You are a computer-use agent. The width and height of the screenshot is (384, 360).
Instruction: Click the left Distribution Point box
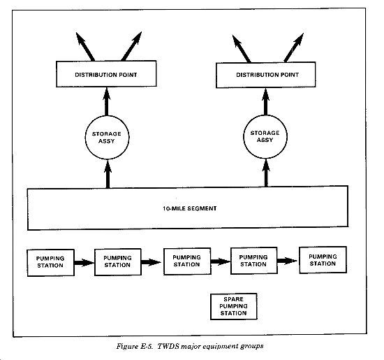(x=106, y=74)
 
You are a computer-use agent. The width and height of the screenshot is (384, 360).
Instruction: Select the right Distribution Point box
(x=266, y=75)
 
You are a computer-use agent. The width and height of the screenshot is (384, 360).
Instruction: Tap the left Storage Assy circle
(x=107, y=138)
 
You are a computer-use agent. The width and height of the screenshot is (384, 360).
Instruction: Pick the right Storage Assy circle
(x=265, y=136)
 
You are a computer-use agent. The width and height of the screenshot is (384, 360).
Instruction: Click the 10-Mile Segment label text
(x=190, y=208)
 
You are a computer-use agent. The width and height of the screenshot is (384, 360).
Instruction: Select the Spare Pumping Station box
(x=234, y=306)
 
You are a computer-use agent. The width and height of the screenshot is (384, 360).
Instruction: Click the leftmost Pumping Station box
(x=51, y=263)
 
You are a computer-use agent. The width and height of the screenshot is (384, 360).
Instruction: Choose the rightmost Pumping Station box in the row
(x=323, y=260)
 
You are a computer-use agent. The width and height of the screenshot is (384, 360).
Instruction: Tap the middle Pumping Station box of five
(x=187, y=261)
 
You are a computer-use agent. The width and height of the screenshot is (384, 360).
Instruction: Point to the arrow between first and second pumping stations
(x=84, y=263)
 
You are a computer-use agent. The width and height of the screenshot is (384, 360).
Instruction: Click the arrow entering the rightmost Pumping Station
(x=288, y=261)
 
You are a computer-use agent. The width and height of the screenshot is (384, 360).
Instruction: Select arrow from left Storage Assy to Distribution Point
(x=107, y=101)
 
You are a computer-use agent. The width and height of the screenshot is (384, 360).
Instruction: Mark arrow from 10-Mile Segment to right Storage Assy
(x=266, y=173)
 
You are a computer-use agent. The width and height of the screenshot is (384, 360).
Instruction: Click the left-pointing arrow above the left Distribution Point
(x=85, y=46)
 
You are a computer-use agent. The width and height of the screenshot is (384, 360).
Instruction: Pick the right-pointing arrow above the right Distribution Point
(x=294, y=48)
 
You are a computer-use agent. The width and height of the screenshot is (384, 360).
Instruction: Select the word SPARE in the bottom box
(x=234, y=299)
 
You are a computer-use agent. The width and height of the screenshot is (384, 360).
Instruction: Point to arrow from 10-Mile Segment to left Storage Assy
(x=108, y=174)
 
